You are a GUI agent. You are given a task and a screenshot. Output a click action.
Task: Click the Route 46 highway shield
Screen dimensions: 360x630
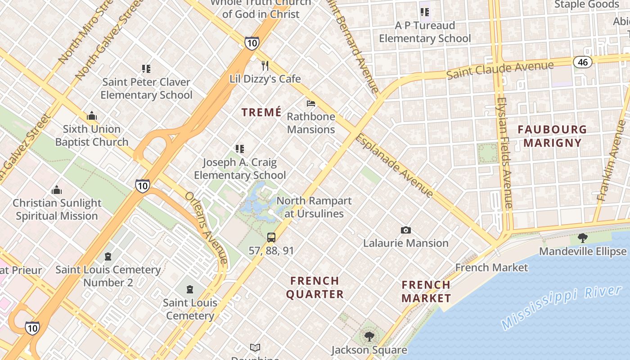(x=583, y=62)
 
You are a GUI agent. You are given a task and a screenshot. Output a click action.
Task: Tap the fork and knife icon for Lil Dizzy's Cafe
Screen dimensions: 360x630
(x=265, y=66)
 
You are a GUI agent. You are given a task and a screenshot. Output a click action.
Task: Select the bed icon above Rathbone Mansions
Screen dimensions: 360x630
(x=310, y=103)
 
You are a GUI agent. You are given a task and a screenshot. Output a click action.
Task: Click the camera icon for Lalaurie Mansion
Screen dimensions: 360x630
(x=406, y=230)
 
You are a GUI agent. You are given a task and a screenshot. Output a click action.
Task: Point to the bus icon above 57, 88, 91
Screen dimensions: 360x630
(x=271, y=238)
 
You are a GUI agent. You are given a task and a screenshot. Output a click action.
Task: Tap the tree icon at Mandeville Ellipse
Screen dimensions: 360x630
(x=583, y=238)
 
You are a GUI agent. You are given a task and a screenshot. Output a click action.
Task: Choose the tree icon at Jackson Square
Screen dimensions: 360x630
(x=369, y=336)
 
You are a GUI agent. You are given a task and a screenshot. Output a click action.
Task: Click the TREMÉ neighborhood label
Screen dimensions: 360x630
(x=261, y=112)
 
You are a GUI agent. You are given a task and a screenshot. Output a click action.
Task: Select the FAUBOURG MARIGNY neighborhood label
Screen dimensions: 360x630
(x=552, y=136)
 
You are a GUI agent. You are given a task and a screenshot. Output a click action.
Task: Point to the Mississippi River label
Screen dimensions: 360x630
(x=561, y=306)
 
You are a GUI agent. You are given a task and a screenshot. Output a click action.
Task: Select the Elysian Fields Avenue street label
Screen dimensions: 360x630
(x=505, y=153)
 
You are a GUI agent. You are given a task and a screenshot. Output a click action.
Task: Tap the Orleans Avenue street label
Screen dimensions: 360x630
(x=206, y=228)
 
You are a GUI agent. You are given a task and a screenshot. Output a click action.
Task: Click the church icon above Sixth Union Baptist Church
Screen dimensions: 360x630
(x=92, y=116)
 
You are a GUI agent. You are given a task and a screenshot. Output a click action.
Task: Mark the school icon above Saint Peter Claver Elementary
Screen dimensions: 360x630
(x=146, y=69)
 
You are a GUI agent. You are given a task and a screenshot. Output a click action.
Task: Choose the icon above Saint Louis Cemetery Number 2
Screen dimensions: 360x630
(x=108, y=256)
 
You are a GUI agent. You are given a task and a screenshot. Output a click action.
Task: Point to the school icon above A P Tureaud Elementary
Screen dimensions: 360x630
(x=425, y=12)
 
